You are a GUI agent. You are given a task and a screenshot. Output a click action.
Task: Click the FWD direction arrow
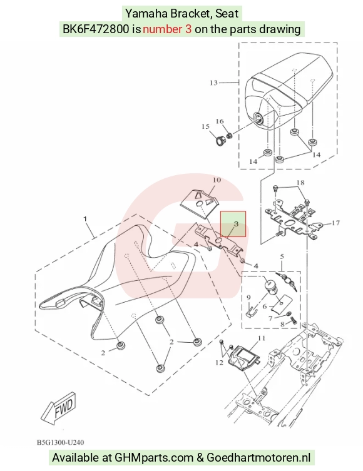(59, 408)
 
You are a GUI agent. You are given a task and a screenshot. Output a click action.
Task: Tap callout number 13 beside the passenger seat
(213, 83)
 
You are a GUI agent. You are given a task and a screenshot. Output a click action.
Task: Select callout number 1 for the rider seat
(85, 219)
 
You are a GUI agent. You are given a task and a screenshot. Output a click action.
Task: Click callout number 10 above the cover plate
(217, 180)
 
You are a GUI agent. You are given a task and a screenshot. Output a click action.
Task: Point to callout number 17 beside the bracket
(335, 223)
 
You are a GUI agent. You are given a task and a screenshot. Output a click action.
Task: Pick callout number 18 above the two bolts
(300, 182)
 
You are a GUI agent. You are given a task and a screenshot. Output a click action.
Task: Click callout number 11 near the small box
(262, 338)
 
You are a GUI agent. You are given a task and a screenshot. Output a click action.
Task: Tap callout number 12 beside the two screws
(219, 363)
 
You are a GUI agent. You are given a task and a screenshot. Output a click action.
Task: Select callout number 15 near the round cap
(205, 126)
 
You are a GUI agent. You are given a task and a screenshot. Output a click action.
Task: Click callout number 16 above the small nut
(220, 121)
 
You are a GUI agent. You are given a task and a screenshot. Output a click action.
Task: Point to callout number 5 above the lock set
(282, 256)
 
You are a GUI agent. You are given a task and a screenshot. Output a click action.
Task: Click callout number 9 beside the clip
(248, 297)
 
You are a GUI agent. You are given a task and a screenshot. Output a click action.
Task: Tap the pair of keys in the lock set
(287, 281)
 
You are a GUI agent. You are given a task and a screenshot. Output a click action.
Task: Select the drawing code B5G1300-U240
(61, 442)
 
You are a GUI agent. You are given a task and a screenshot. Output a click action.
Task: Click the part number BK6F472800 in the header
(96, 29)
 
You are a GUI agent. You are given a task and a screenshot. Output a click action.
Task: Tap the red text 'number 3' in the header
(167, 29)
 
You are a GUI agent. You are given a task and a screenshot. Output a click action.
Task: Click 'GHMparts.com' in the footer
(155, 457)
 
